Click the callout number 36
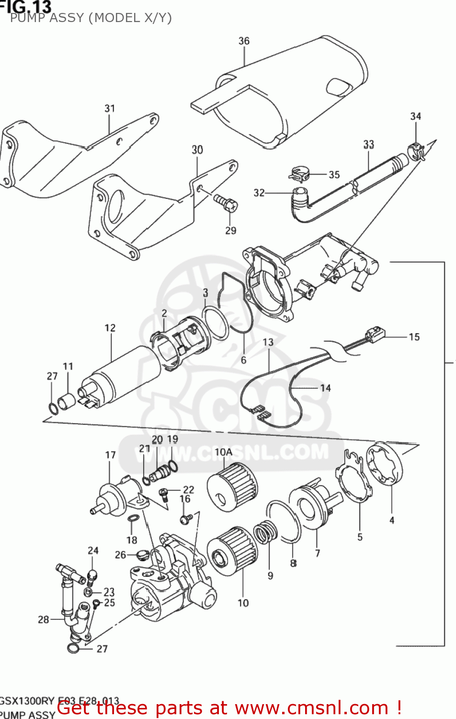pyautogui.click(x=244, y=41)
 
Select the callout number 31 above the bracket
pyautogui.click(x=110, y=108)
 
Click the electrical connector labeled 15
pyautogui.click(x=374, y=333)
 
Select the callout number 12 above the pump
pyautogui.click(x=110, y=328)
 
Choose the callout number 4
pyautogui.click(x=392, y=520)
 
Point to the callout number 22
pyautogui.click(x=189, y=489)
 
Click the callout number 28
pyautogui.click(x=44, y=619)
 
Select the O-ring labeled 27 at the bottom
pyautogui.click(x=72, y=649)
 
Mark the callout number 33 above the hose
pyautogui.click(x=368, y=144)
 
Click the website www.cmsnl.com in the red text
pyautogui.click(x=311, y=707)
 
